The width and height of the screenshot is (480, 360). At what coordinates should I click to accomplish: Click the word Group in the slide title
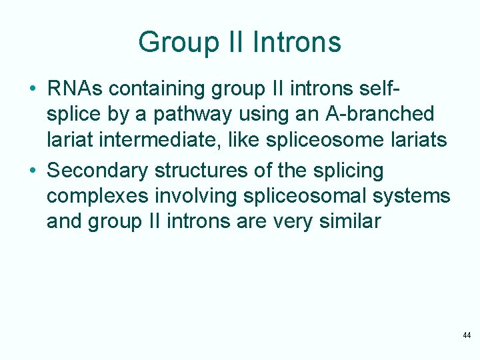177,43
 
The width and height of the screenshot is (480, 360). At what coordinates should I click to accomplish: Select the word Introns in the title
297,43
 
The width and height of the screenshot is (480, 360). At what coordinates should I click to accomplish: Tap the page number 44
467,335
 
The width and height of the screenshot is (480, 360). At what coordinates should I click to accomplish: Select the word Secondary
98,171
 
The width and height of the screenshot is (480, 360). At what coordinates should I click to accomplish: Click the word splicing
347,171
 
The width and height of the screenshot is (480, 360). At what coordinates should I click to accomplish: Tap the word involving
191,197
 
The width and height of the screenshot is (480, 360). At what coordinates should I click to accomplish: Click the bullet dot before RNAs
32,89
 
